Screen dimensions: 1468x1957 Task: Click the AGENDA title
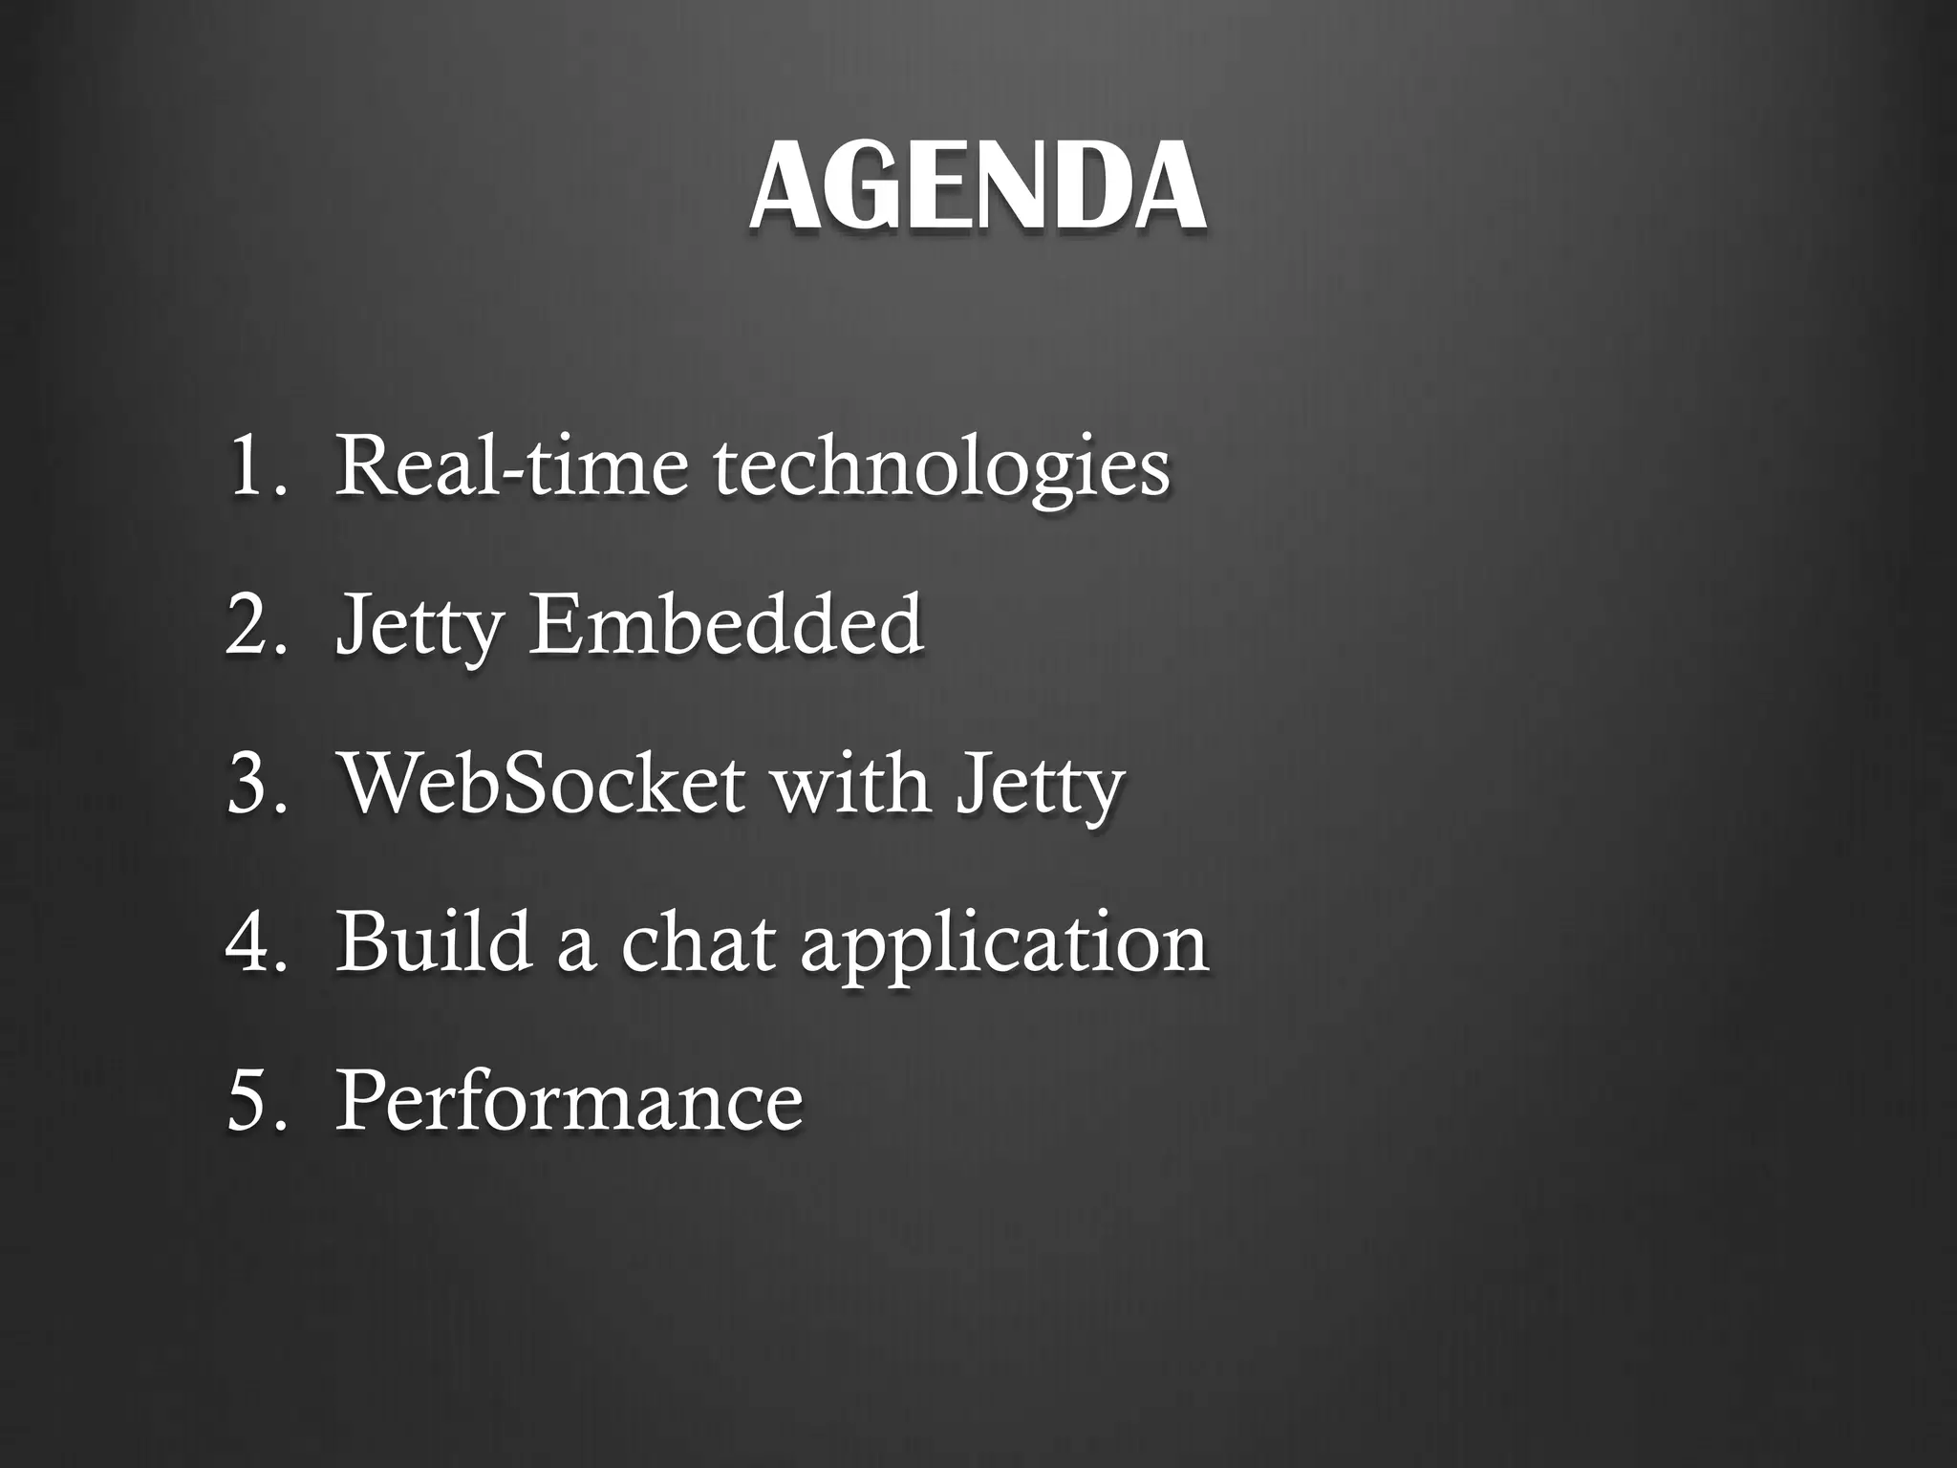pyautogui.click(x=977, y=186)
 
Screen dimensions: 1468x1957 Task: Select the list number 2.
pyautogui.click(x=250, y=624)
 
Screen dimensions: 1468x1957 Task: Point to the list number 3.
pyautogui.click(x=250, y=784)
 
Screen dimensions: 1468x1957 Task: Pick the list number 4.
pyautogui.click(x=250, y=942)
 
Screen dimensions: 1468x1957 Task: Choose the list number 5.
pyautogui.click(x=250, y=1101)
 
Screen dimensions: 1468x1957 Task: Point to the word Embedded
pyautogui.click(x=726, y=624)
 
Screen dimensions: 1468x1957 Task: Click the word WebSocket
pyautogui.click(x=542, y=784)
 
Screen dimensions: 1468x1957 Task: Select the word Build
pyautogui.click(x=434, y=940)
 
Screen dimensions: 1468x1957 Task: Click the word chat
pyautogui.click(x=697, y=942)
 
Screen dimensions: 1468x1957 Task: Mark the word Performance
pyautogui.click(x=569, y=1101)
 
